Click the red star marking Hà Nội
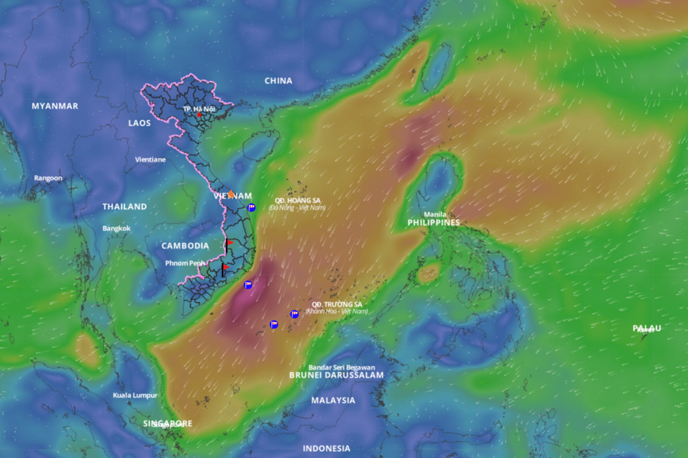coord(199,115)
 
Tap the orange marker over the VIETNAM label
coord(231,194)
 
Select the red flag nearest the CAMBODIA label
coord(229,243)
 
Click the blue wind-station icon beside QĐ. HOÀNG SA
coord(251,207)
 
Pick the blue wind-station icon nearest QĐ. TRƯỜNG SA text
coord(295,314)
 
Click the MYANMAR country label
coord(55,106)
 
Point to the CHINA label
coord(278,81)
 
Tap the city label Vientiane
coord(150,159)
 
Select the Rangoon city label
coord(48,178)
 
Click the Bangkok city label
coord(117,228)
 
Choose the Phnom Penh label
coord(185,263)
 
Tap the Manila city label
coord(435,214)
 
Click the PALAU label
coord(647,328)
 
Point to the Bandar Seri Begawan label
coord(342,367)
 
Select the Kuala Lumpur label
coord(135,395)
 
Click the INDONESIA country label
coord(326,448)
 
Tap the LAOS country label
coord(139,123)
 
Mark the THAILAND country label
coord(125,206)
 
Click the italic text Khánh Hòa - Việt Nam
coord(336,311)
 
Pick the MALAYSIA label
coord(333,400)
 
